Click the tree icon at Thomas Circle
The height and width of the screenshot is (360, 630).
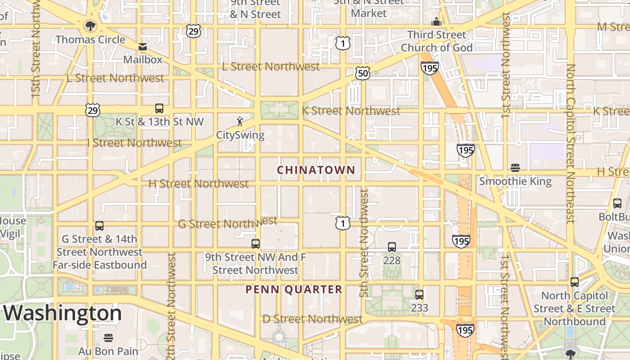[90, 26]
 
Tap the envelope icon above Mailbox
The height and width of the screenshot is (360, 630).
[143, 46]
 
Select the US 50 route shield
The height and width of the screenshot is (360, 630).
[362, 73]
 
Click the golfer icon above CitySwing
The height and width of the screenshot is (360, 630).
[240, 121]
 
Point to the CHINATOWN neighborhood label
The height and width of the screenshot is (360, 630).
[316, 170]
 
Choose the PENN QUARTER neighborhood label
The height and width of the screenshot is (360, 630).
[294, 289]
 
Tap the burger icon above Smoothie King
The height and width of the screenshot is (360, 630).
[515, 168]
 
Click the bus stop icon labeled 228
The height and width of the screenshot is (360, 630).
[392, 247]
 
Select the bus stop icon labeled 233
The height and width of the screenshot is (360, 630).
[419, 295]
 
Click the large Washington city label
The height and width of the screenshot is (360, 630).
[63, 313]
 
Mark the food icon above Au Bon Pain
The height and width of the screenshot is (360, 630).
[108, 337]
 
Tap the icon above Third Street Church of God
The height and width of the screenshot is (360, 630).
[436, 22]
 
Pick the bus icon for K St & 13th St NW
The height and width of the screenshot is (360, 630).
[159, 108]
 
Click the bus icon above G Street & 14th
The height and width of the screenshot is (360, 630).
[99, 225]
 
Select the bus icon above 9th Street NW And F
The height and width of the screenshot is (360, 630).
[256, 243]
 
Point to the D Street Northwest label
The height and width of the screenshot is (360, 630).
[312, 319]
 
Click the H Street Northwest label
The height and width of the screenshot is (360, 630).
[198, 184]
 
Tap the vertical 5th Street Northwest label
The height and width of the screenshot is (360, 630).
[364, 243]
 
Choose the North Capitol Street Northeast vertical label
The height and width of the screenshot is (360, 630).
[571, 143]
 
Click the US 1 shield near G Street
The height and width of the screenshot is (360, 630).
[342, 223]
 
